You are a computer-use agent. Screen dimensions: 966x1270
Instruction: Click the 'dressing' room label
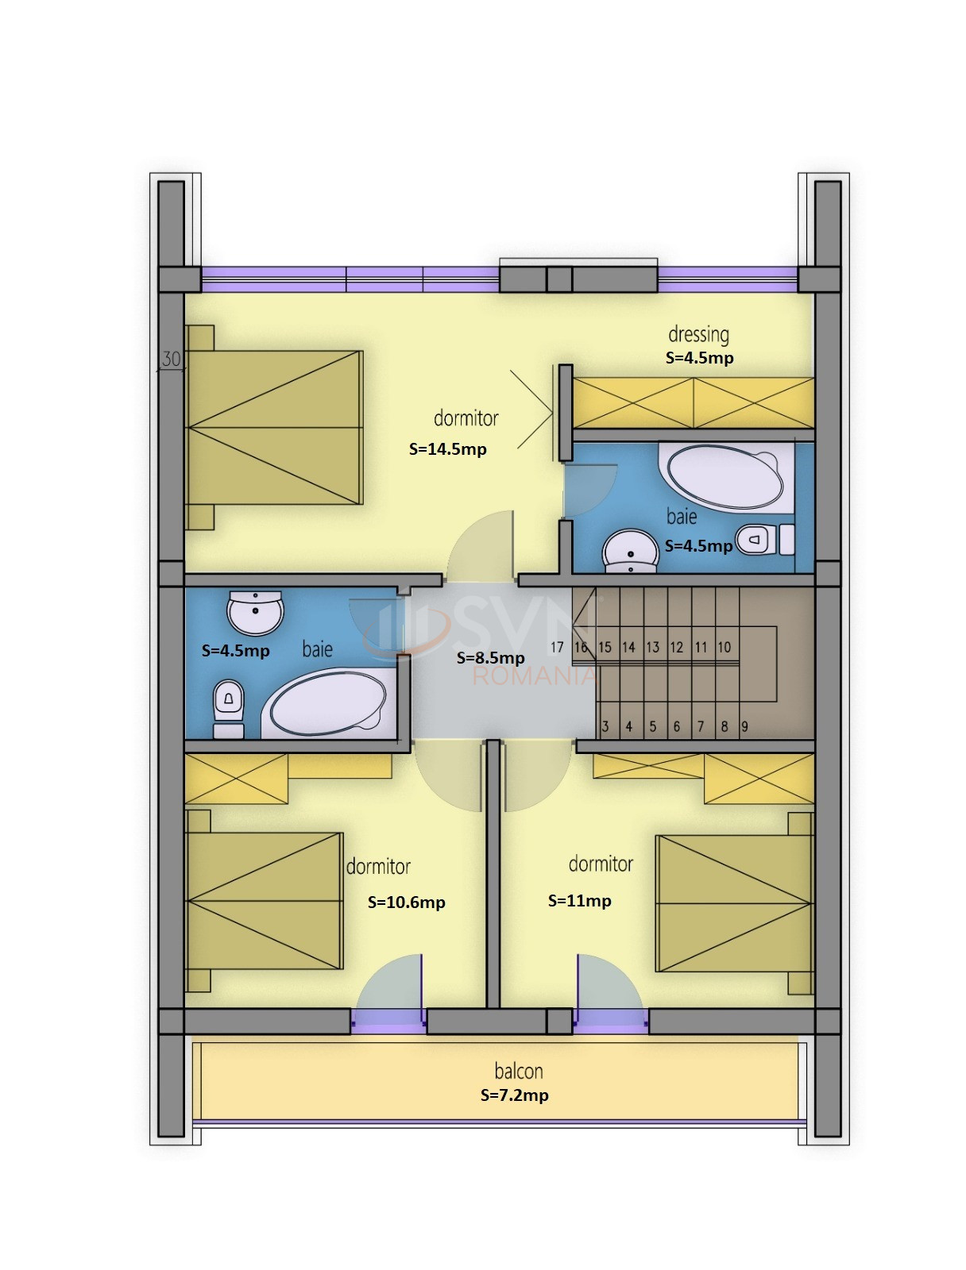(698, 334)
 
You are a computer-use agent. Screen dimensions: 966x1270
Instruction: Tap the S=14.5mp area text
(447, 449)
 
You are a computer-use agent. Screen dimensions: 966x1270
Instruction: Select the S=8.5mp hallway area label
(490, 658)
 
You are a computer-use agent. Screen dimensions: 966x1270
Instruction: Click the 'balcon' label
(518, 1071)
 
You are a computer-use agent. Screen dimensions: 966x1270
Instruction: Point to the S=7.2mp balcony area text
(514, 1095)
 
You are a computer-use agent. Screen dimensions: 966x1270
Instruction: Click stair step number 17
(557, 647)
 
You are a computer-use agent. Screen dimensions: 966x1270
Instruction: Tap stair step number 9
(744, 726)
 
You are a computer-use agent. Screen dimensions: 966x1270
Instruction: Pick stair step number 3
(605, 726)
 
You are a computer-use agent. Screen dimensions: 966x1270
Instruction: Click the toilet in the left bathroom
(229, 709)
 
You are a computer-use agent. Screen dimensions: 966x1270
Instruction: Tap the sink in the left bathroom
(255, 612)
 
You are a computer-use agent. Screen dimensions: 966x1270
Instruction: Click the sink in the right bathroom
(630, 552)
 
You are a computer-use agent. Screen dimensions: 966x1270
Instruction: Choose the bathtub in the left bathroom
(328, 702)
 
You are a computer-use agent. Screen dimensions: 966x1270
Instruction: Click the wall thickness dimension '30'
(171, 360)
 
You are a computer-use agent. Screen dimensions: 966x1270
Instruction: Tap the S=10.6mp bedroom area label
(406, 902)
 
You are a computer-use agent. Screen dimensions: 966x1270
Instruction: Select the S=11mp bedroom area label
(579, 900)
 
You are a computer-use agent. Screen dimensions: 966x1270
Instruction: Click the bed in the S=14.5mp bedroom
(275, 428)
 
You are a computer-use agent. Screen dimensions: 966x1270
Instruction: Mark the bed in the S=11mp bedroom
(735, 903)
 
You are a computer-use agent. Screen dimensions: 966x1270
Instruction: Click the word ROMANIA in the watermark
(534, 675)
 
